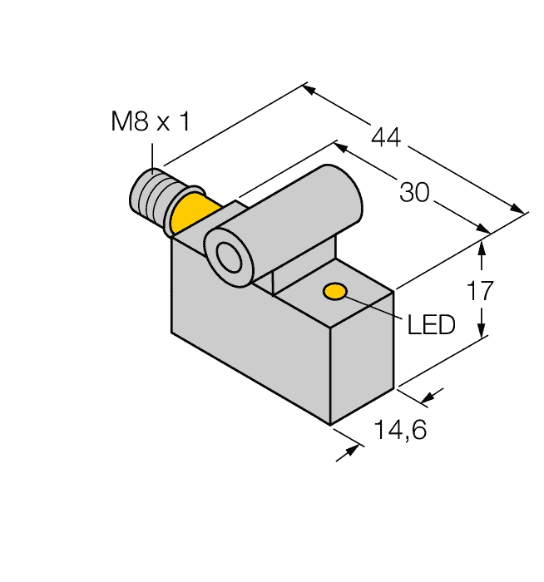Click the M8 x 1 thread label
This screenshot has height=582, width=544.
151,121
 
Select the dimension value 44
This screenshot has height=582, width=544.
386,137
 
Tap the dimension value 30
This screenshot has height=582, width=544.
414,192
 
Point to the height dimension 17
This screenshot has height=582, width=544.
480,291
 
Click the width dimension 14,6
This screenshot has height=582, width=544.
401,430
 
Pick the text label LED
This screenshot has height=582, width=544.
431,325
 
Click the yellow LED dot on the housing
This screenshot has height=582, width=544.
335,291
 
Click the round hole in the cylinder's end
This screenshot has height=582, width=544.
229,257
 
